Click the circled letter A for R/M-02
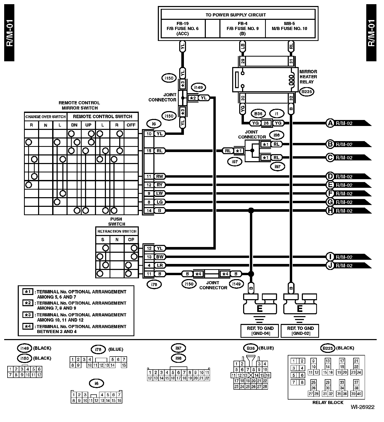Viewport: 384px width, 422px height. (330, 123)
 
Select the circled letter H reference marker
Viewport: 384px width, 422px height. (330, 211)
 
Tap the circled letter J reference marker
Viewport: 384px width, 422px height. (330, 266)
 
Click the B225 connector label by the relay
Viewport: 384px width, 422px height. (307, 92)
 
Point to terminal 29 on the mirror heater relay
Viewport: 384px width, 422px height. (243, 62)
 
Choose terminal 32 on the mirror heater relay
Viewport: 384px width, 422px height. (291, 98)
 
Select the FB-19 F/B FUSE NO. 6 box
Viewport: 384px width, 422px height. (183, 28)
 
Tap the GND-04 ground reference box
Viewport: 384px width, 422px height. (260, 331)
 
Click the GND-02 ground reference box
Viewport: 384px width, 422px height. (300, 331)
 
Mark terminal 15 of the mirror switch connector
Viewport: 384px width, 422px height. (149, 151)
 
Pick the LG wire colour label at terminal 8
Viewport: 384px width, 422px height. (159, 202)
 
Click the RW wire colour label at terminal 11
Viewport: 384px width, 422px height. (159, 177)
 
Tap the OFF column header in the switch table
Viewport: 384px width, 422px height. (131, 125)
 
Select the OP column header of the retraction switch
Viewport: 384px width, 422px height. (131, 239)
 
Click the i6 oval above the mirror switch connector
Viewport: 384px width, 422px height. (154, 124)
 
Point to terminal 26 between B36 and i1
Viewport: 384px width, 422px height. (266, 123)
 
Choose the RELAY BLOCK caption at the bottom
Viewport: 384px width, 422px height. (328, 402)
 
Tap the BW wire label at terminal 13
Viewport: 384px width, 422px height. (159, 257)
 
